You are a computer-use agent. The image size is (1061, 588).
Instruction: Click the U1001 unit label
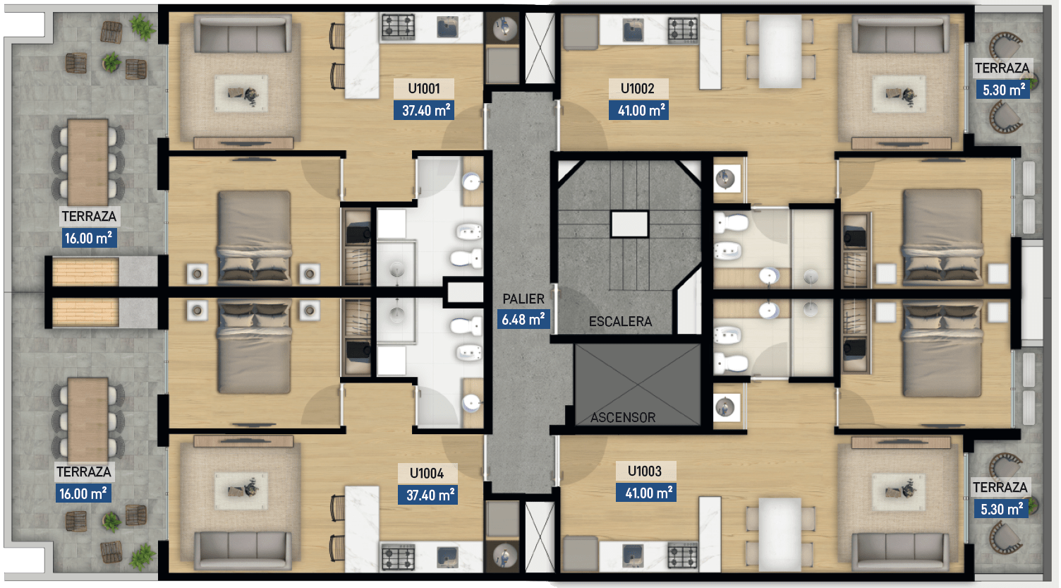pyautogui.click(x=424, y=89)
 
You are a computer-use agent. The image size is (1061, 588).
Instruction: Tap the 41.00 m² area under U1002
pyautogui.click(x=639, y=110)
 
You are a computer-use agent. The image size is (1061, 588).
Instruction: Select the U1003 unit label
pyautogui.click(x=644, y=472)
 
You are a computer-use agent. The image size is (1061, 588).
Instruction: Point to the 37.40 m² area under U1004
pyautogui.click(x=428, y=495)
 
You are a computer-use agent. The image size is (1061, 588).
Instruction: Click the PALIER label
pyautogui.click(x=523, y=299)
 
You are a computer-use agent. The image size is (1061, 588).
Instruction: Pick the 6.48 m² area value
pyautogui.click(x=523, y=319)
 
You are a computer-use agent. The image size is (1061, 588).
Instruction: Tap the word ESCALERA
pyautogui.click(x=621, y=322)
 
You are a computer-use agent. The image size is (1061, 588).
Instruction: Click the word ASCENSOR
pyautogui.click(x=623, y=417)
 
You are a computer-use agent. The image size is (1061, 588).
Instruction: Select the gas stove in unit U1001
pyautogui.click(x=399, y=28)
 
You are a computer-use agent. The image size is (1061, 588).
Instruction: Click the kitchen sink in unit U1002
pyautogui.click(x=633, y=30)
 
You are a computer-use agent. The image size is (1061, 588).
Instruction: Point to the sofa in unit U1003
pyautogui.click(x=900, y=551)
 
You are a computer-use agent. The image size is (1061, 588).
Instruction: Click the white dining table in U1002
pyautogui.click(x=780, y=51)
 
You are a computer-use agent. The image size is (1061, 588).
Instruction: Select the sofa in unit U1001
pyautogui.click(x=243, y=34)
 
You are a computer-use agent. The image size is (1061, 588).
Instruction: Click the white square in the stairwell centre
pyautogui.click(x=629, y=224)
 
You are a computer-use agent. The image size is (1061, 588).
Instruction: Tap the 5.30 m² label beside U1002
pyautogui.click(x=1002, y=90)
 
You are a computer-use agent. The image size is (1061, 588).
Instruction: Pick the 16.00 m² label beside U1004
pyautogui.click(x=83, y=493)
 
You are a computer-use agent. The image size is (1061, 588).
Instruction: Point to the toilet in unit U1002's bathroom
pyautogui.click(x=730, y=222)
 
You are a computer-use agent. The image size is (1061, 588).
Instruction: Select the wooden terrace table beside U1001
pyautogui.click(x=87, y=162)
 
